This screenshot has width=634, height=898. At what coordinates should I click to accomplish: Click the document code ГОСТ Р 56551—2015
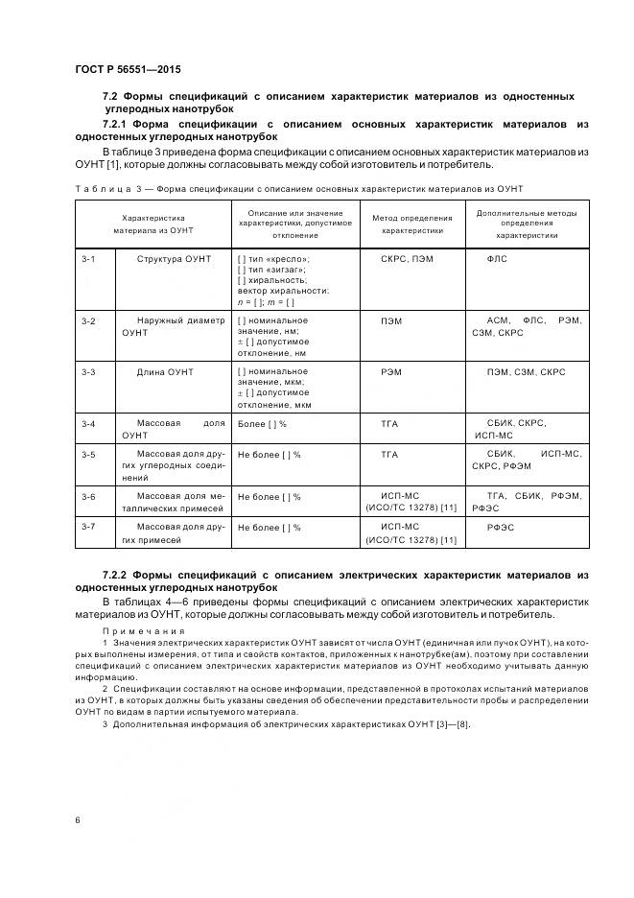(x=128, y=70)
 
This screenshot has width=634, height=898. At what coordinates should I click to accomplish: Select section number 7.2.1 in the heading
(x=117, y=125)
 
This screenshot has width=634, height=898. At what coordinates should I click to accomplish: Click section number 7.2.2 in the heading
(x=117, y=575)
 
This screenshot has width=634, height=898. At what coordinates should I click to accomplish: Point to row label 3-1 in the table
(x=88, y=259)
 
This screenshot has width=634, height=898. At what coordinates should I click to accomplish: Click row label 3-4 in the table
(x=88, y=423)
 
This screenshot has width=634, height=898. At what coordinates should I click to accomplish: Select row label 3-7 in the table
(x=88, y=527)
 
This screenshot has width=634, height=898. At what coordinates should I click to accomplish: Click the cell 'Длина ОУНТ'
(x=165, y=371)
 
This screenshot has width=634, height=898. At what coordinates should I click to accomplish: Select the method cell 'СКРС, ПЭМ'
(x=407, y=259)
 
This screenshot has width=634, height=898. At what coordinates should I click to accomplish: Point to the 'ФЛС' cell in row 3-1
(x=498, y=259)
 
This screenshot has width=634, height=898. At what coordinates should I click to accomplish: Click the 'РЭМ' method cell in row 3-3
(x=391, y=371)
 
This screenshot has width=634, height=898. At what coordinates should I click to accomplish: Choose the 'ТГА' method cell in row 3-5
(x=389, y=454)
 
